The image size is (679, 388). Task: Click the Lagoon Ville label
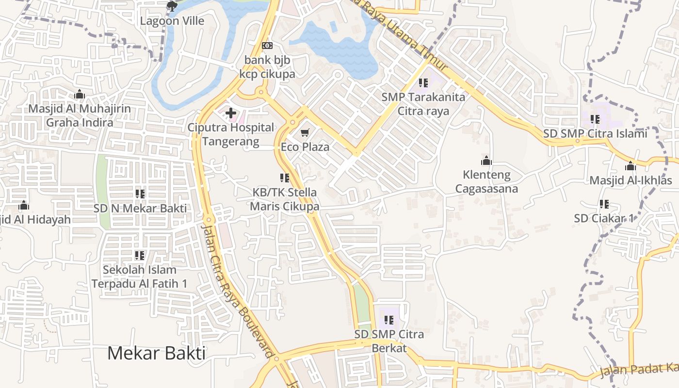point(172,21)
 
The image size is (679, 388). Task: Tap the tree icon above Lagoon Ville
point(172,6)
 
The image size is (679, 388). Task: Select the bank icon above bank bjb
point(267,46)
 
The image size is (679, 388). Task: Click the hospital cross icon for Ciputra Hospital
point(231,113)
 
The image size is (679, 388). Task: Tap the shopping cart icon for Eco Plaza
point(305,132)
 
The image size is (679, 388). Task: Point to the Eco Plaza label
point(305,147)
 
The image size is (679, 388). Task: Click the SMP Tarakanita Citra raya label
point(423,104)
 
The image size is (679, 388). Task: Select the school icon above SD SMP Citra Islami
point(595,119)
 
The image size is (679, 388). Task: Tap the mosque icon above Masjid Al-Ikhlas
point(630,166)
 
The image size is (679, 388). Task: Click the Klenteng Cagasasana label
point(486,181)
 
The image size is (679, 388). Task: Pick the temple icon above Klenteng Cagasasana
point(486,161)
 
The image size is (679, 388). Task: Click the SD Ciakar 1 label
point(604,218)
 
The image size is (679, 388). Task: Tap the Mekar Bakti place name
point(156,353)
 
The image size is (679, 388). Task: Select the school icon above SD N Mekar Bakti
point(140,194)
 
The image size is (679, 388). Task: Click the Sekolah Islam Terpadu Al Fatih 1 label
point(140,276)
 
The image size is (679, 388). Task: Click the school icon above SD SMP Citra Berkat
point(389,320)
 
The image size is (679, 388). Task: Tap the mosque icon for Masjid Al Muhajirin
point(80,94)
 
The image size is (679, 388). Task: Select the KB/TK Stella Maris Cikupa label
point(285,199)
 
